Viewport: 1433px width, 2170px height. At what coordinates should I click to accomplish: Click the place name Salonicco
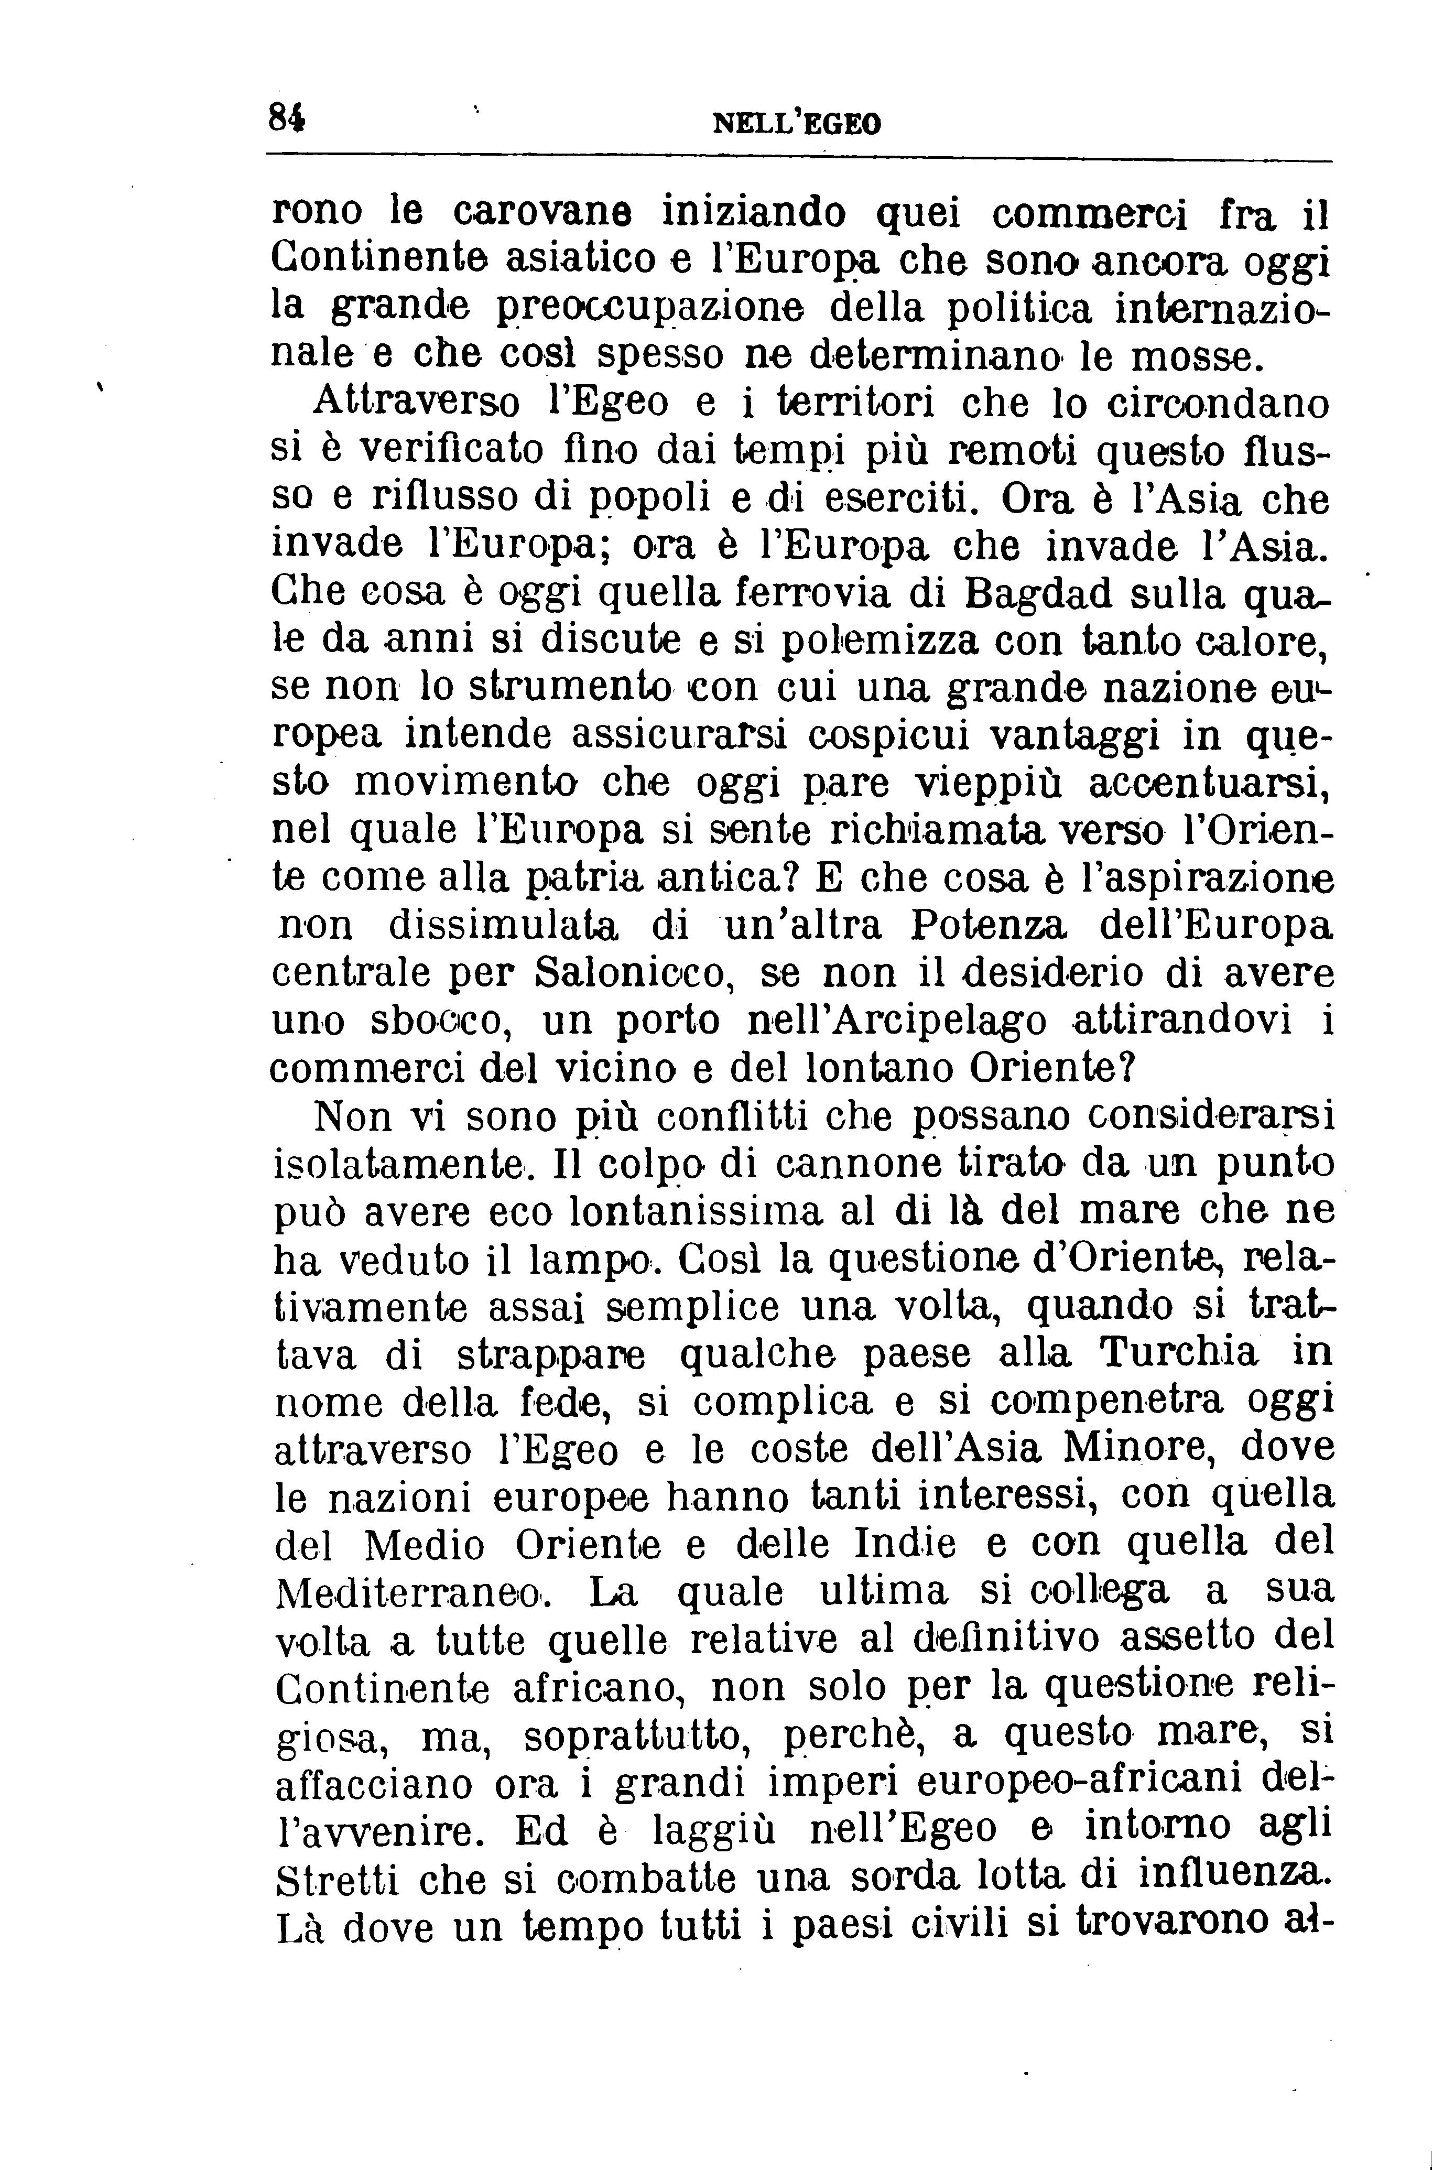pos(636,974)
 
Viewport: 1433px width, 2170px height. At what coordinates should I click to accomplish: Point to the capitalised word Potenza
pos(989,927)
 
